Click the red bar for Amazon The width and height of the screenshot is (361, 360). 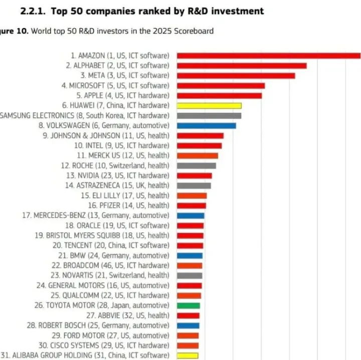coord(268,56)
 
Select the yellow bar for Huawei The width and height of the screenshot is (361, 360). coord(209,106)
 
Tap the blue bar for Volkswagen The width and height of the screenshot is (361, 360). coord(206,126)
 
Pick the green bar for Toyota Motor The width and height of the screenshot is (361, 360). coord(189,305)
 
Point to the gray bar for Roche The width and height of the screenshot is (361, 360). coord(197,166)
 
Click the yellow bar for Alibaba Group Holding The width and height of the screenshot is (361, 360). coord(188,355)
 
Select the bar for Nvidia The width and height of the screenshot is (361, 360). coord(195,176)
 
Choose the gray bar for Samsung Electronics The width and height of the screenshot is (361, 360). coord(209,116)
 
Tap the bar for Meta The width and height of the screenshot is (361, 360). coord(236,76)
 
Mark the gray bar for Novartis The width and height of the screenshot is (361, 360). coord(190,275)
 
